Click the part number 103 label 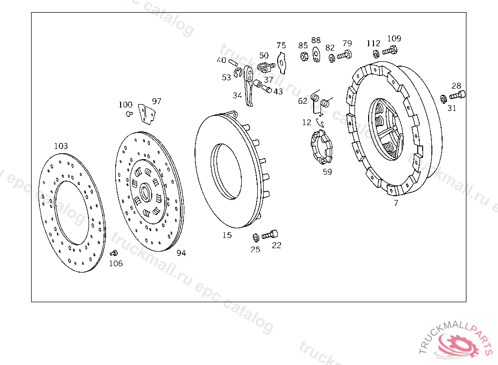tap(61, 146)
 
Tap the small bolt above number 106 tap(114, 253)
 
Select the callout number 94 tap(181, 253)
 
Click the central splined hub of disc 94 tap(145, 192)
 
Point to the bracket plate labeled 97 tap(147, 114)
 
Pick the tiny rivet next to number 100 tap(129, 113)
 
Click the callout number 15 tap(227, 235)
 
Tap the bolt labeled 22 tap(269, 235)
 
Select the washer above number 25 tap(256, 237)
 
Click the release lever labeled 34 tap(249, 86)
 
